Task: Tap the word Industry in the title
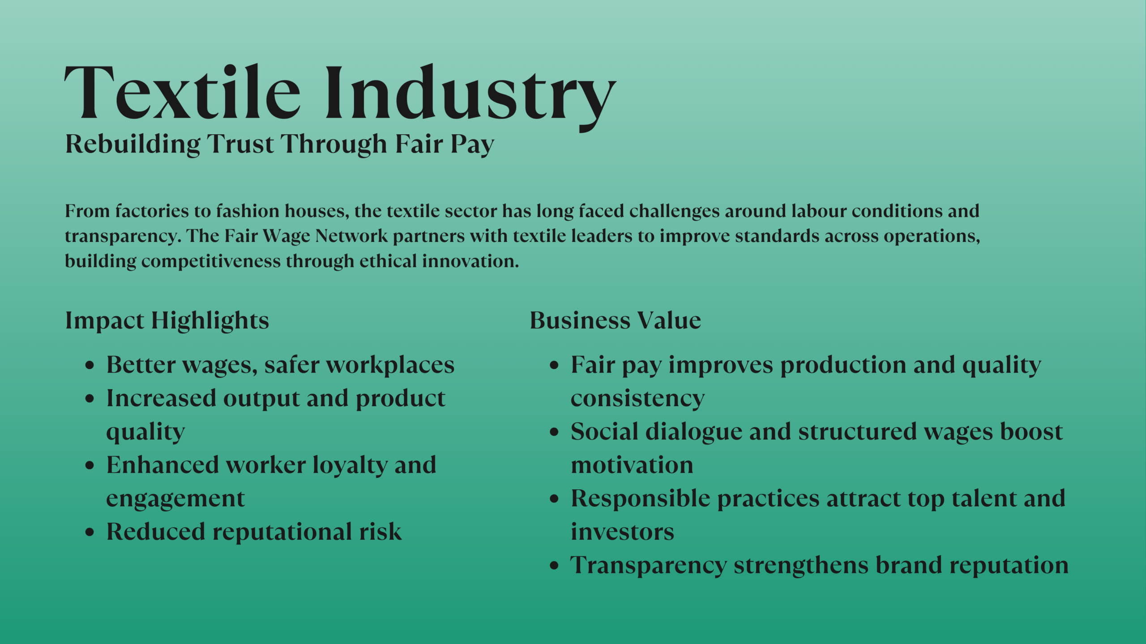pyautogui.click(x=470, y=95)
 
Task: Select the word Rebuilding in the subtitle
pyautogui.click(x=133, y=144)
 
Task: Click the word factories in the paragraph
pyautogui.click(x=152, y=211)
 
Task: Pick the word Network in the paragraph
pyautogui.click(x=351, y=236)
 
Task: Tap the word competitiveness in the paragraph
pyautogui.click(x=211, y=261)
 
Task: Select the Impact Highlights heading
pyautogui.click(x=167, y=321)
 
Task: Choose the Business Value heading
pyautogui.click(x=615, y=321)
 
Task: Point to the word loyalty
pyautogui.click(x=350, y=465)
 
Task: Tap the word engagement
pyautogui.click(x=175, y=499)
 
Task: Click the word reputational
pyautogui.click(x=282, y=532)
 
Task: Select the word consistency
pyautogui.click(x=637, y=398)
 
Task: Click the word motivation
pyautogui.click(x=632, y=465)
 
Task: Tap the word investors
pyautogui.click(x=622, y=532)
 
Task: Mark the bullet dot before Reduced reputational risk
pyautogui.click(x=90, y=533)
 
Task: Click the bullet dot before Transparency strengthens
pyautogui.click(x=554, y=566)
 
